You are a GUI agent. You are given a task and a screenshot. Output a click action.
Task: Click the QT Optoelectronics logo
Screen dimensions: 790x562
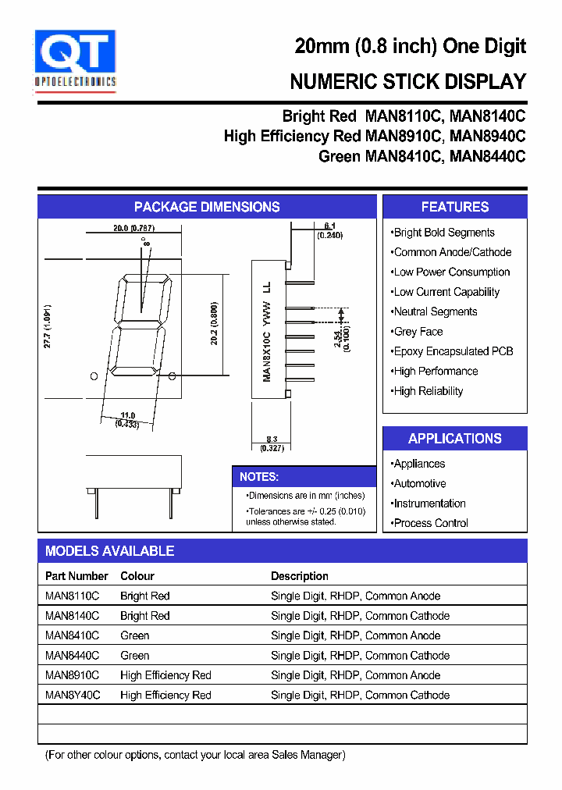(75, 59)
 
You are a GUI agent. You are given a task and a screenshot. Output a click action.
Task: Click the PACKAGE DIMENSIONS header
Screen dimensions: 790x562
(207, 207)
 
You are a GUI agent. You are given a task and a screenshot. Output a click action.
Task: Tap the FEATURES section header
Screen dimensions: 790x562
(455, 207)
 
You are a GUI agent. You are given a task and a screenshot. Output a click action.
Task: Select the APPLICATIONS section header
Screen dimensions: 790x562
(455, 439)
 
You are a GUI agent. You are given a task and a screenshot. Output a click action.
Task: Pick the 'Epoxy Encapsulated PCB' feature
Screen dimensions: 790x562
(453, 351)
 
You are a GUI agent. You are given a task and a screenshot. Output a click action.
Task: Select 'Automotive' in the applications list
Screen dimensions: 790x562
(419, 484)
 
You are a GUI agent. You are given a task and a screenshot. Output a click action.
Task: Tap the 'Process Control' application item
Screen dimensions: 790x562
(430, 523)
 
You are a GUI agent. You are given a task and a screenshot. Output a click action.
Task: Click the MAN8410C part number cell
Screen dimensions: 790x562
(73, 636)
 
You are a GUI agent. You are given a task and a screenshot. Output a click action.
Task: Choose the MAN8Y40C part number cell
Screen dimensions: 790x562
(73, 696)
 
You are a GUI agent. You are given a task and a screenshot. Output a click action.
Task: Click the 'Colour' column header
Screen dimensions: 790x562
(137, 576)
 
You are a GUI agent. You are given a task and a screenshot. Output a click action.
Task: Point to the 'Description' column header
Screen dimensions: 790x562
(300, 576)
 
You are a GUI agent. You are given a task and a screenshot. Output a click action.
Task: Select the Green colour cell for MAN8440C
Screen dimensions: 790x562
(135, 656)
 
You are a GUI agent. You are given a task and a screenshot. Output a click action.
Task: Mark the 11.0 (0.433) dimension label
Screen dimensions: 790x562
(127, 420)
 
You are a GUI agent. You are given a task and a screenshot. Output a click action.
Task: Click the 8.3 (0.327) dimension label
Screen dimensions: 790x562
(273, 444)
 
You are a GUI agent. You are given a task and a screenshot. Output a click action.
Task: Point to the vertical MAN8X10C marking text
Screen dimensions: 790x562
(267, 332)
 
